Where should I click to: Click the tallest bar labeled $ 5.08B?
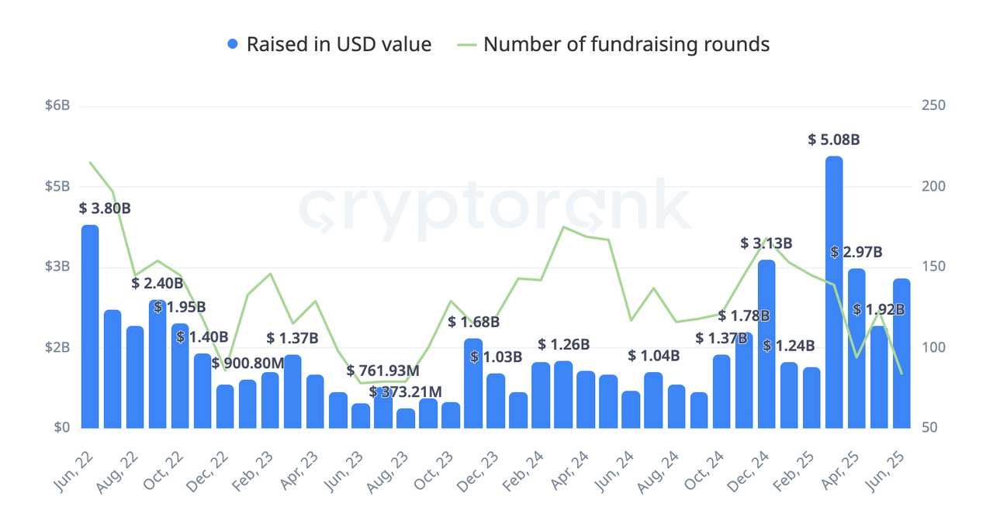(834, 291)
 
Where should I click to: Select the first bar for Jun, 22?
(90, 326)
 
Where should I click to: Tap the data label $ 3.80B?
(105, 209)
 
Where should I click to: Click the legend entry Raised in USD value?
(338, 44)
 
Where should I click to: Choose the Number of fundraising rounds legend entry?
(626, 44)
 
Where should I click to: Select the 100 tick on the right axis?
(933, 347)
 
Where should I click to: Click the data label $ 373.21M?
(405, 392)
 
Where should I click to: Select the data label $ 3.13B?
(766, 243)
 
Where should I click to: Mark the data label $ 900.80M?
(248, 364)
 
